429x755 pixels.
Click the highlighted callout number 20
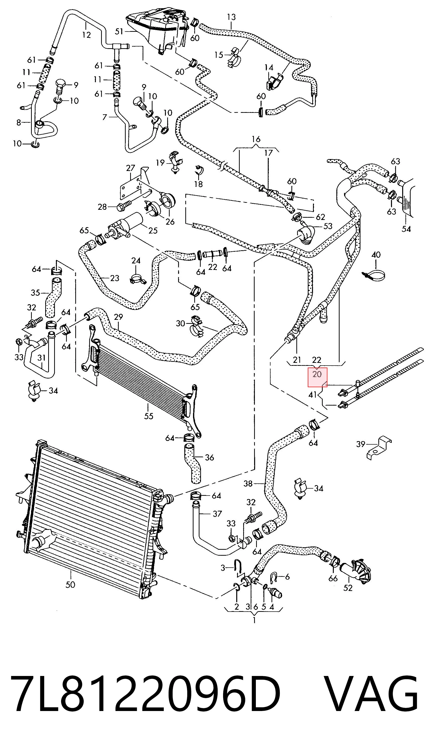[x=317, y=375]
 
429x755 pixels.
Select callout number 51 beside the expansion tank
[x=119, y=31]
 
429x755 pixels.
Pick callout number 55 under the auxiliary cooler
[x=149, y=416]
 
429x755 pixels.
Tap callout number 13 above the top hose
[x=232, y=17]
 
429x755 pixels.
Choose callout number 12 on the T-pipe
[x=86, y=35]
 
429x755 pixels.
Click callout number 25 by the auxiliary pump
[x=153, y=230]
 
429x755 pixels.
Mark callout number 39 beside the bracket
[x=361, y=444]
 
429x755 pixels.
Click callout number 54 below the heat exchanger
[x=406, y=229]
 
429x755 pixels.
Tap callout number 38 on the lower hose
[x=248, y=483]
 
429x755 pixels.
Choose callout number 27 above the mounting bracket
[x=130, y=168]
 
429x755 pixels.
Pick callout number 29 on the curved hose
[x=118, y=317]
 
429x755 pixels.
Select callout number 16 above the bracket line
[x=256, y=139]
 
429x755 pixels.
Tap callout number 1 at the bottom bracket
[x=254, y=620]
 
